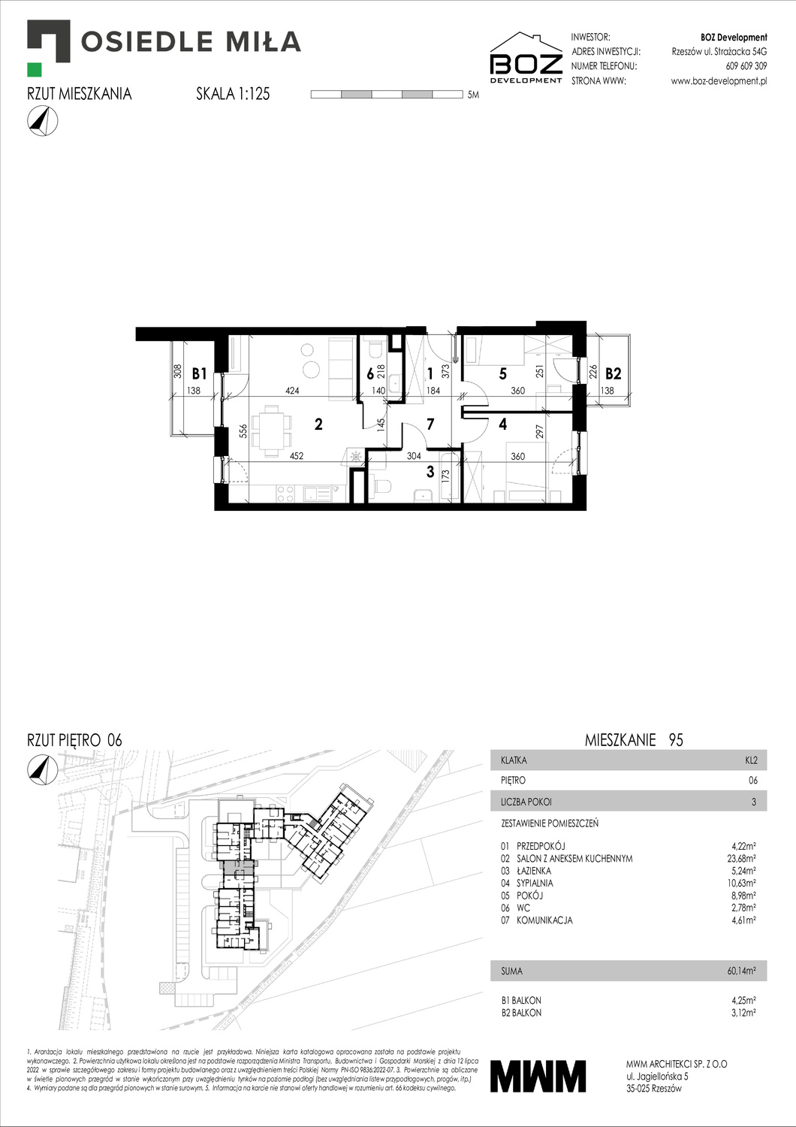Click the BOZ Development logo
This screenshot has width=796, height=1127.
coord(526,58)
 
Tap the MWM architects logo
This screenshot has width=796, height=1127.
coord(538,1075)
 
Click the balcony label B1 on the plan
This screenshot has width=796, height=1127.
coord(199,373)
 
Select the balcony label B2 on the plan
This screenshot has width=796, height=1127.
coord(614,373)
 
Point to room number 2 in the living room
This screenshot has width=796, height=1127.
coord(318,425)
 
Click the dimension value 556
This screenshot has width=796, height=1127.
coord(243,431)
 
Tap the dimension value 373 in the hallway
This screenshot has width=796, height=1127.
coord(445,371)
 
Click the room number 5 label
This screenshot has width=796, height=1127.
coord(502,373)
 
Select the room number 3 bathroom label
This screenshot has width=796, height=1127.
coord(430,472)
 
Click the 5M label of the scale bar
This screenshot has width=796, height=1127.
coord(473,95)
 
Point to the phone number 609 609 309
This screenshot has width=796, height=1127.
coord(746,66)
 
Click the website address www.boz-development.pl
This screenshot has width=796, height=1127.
coord(719,81)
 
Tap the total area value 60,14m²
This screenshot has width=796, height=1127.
coord(741,971)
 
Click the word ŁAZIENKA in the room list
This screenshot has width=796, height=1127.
coord(533,871)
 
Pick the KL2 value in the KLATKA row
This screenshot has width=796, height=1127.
coord(751,760)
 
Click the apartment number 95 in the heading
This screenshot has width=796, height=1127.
coord(676,740)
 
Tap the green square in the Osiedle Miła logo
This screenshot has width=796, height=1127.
coord(35,69)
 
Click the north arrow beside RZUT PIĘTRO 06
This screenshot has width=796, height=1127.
coord(42,768)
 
